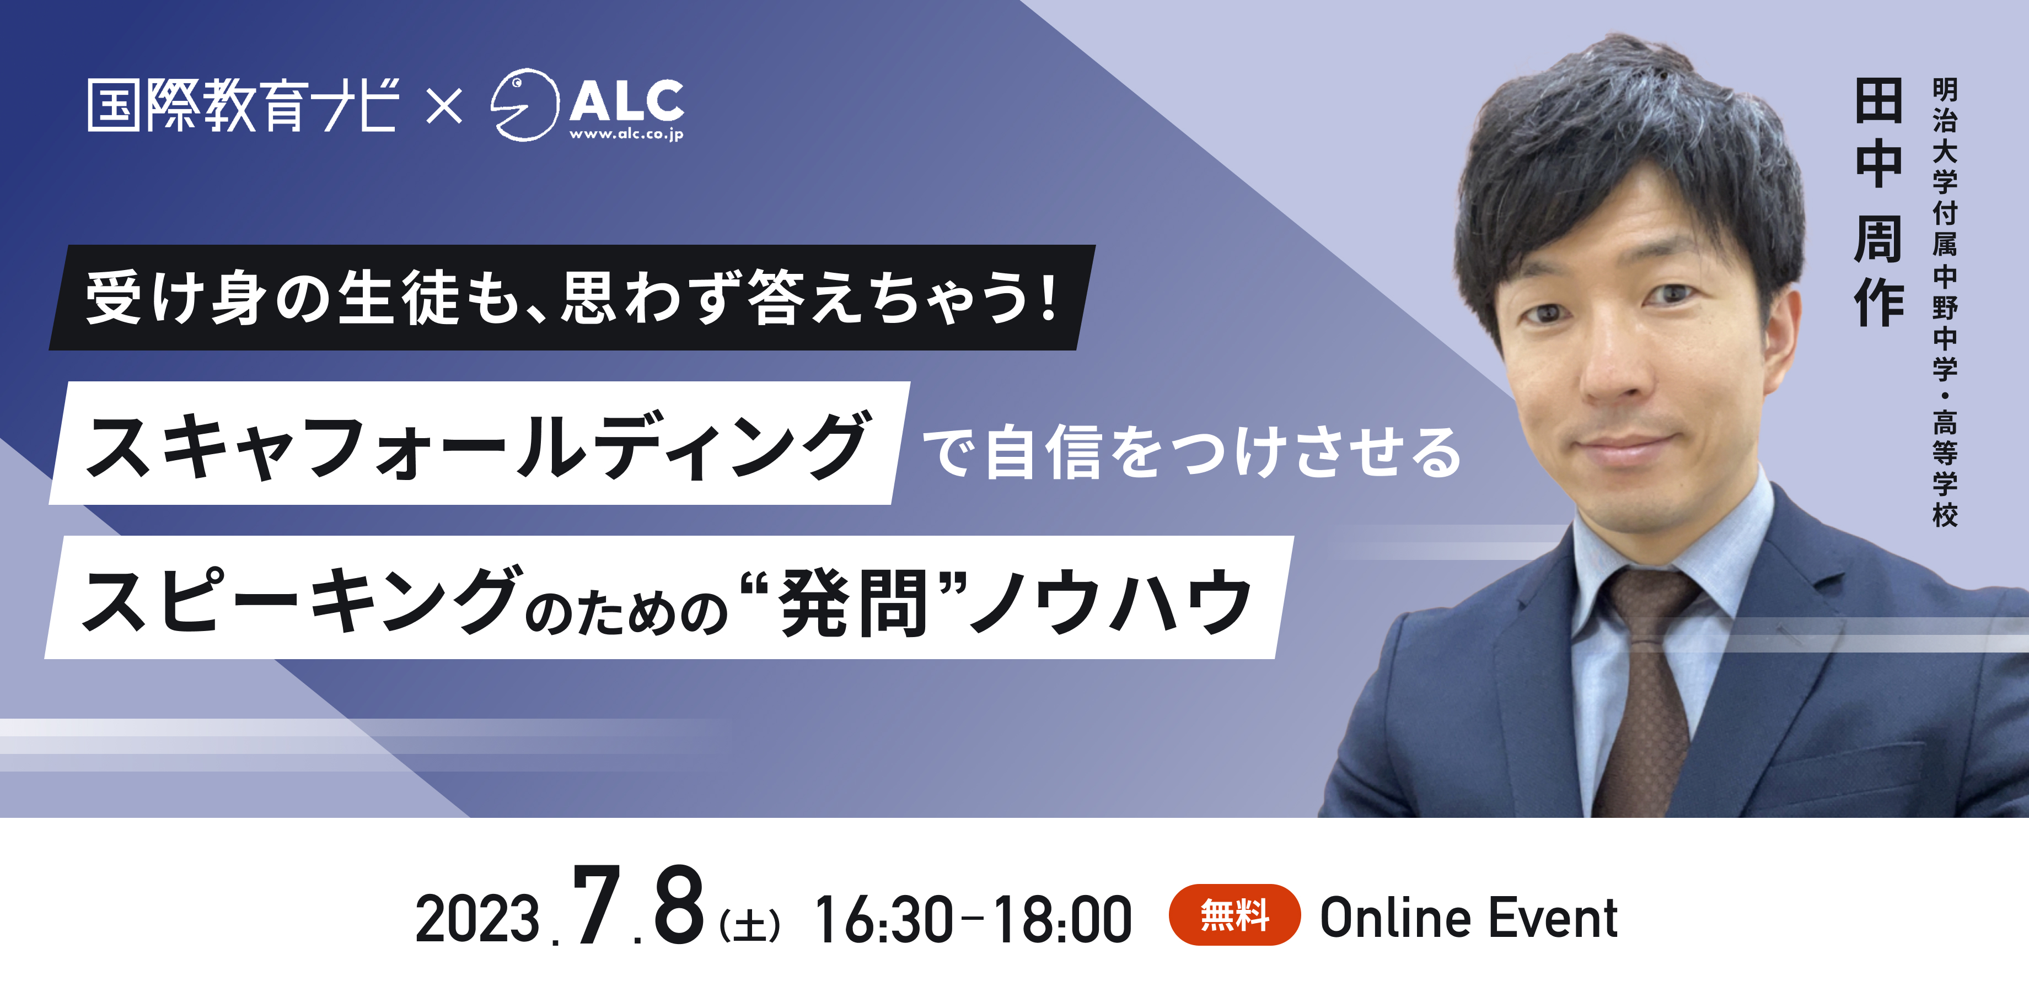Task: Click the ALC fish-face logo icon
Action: coord(524,105)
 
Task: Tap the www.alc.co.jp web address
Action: coord(626,134)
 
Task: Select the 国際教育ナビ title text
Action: coord(243,105)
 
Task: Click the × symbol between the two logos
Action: coord(444,106)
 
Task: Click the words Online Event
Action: coord(1469,918)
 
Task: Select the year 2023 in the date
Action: coord(477,919)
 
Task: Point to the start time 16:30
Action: coord(884,919)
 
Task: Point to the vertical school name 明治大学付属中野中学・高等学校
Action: coord(1945,303)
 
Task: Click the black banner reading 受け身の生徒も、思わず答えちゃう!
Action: coord(572,298)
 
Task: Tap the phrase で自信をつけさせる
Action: coord(1191,452)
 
